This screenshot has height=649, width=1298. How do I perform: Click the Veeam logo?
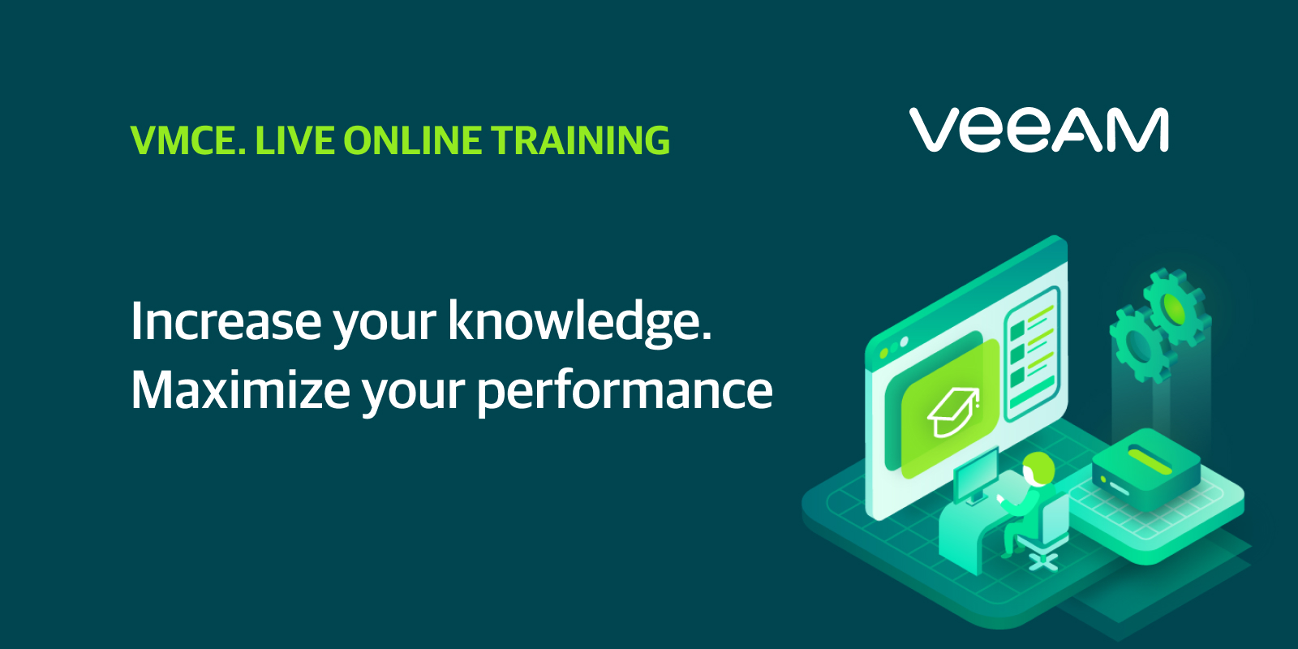(x=1038, y=130)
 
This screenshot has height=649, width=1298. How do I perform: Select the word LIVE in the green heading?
(x=294, y=140)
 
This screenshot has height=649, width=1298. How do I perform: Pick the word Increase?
(x=226, y=321)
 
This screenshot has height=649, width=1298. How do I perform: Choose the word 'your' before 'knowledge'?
(x=385, y=328)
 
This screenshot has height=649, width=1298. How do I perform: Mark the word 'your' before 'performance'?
(x=413, y=396)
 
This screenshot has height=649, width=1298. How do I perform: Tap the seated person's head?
(x=1038, y=467)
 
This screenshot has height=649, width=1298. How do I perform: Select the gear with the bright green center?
(x=1176, y=307)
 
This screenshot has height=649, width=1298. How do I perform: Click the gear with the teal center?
(x=1139, y=344)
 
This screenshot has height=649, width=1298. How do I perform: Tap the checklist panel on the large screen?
(x=1033, y=354)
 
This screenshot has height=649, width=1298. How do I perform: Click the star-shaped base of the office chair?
(x=1043, y=561)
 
